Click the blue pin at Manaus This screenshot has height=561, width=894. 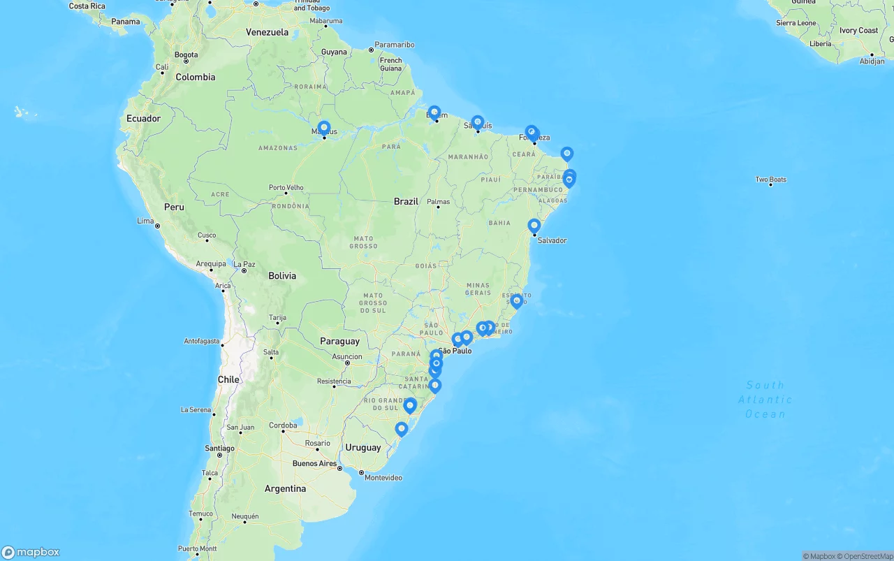(324, 128)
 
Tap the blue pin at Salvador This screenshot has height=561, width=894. (534, 226)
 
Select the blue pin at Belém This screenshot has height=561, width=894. (434, 112)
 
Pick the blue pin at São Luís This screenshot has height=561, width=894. (478, 122)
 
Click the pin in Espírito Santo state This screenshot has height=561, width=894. (517, 301)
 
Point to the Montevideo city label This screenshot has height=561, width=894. (383, 478)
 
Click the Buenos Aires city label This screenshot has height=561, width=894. (314, 463)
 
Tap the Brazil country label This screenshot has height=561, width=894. (406, 201)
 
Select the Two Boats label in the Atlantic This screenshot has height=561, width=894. (770, 180)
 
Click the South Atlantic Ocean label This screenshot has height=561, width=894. (765, 400)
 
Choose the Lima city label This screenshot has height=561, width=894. (145, 221)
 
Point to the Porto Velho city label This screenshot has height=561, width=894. (286, 187)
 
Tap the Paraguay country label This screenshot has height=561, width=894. (339, 341)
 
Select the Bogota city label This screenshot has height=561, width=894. (186, 54)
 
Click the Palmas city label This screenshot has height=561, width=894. (439, 202)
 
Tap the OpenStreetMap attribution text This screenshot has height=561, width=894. (867, 556)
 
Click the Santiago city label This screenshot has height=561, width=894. (220, 448)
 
